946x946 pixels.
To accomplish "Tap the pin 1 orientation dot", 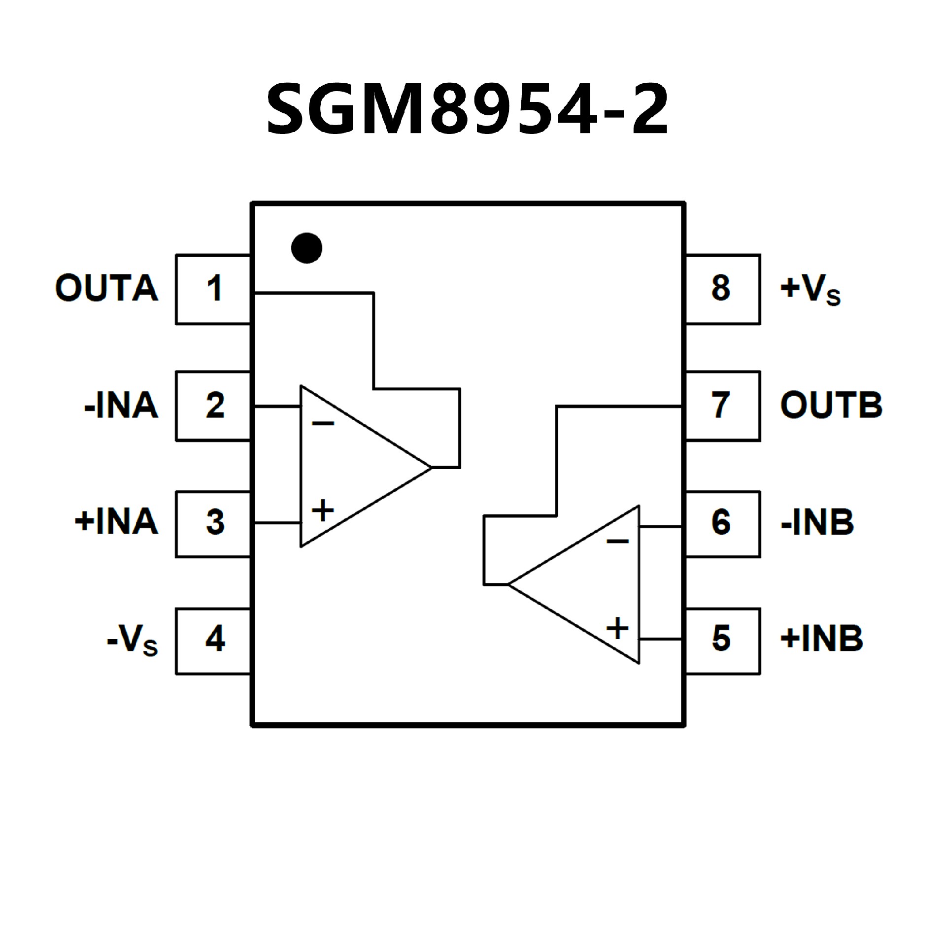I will coord(306,248).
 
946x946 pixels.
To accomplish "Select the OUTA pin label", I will coord(106,288).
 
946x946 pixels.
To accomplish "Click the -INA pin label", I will coord(121,405).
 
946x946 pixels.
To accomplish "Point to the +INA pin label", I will coord(116,522).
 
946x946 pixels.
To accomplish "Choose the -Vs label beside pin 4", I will coord(132,640).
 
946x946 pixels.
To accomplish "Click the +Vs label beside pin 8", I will coord(811,290).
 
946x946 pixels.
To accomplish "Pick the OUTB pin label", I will coord(831,405).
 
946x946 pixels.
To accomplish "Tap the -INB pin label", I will coord(817,522).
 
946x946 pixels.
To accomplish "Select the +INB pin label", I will coord(822,639).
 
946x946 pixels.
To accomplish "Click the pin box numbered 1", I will coord(213,289).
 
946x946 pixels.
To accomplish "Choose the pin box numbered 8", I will coord(722,289).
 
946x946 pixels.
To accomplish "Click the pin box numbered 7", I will coord(722,405).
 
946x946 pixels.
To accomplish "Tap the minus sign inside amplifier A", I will coord(323,423).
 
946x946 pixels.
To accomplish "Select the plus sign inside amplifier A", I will coord(323,510).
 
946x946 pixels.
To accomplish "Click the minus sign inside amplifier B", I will coord(617,541).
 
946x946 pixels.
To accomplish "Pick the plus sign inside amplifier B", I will coord(617,628).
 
